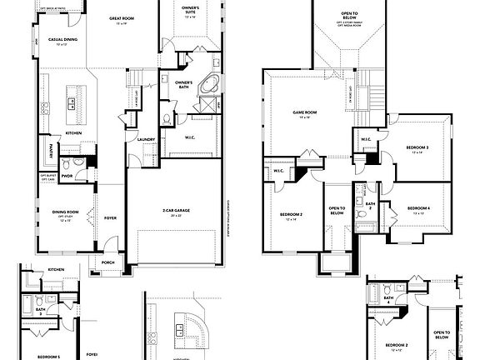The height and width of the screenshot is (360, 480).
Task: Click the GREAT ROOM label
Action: point(110,17)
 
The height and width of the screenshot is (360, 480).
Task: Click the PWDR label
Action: point(67,176)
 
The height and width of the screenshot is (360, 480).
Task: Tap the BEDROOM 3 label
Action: point(417,147)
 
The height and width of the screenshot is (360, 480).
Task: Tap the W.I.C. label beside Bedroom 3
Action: point(366,139)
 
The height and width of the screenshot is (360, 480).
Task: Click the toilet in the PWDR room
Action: point(77,162)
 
